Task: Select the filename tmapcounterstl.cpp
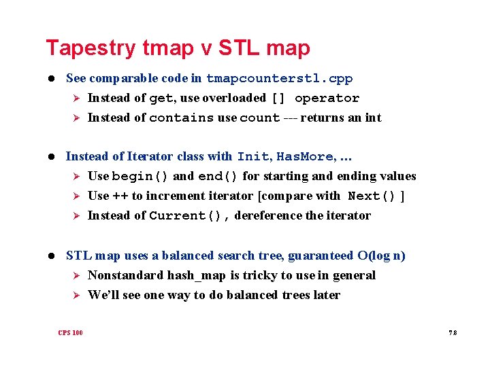[x=279, y=79]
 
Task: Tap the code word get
[x=161, y=99]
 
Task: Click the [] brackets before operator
[x=279, y=99]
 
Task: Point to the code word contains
[x=181, y=118]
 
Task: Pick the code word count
[x=259, y=118]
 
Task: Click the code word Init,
[x=253, y=157]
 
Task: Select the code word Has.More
[x=304, y=157]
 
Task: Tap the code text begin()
[x=141, y=177]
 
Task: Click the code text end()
[x=218, y=177]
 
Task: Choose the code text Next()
[x=372, y=196]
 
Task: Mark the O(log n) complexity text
[x=381, y=256]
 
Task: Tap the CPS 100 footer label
[x=70, y=333]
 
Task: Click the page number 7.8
[x=453, y=333]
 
